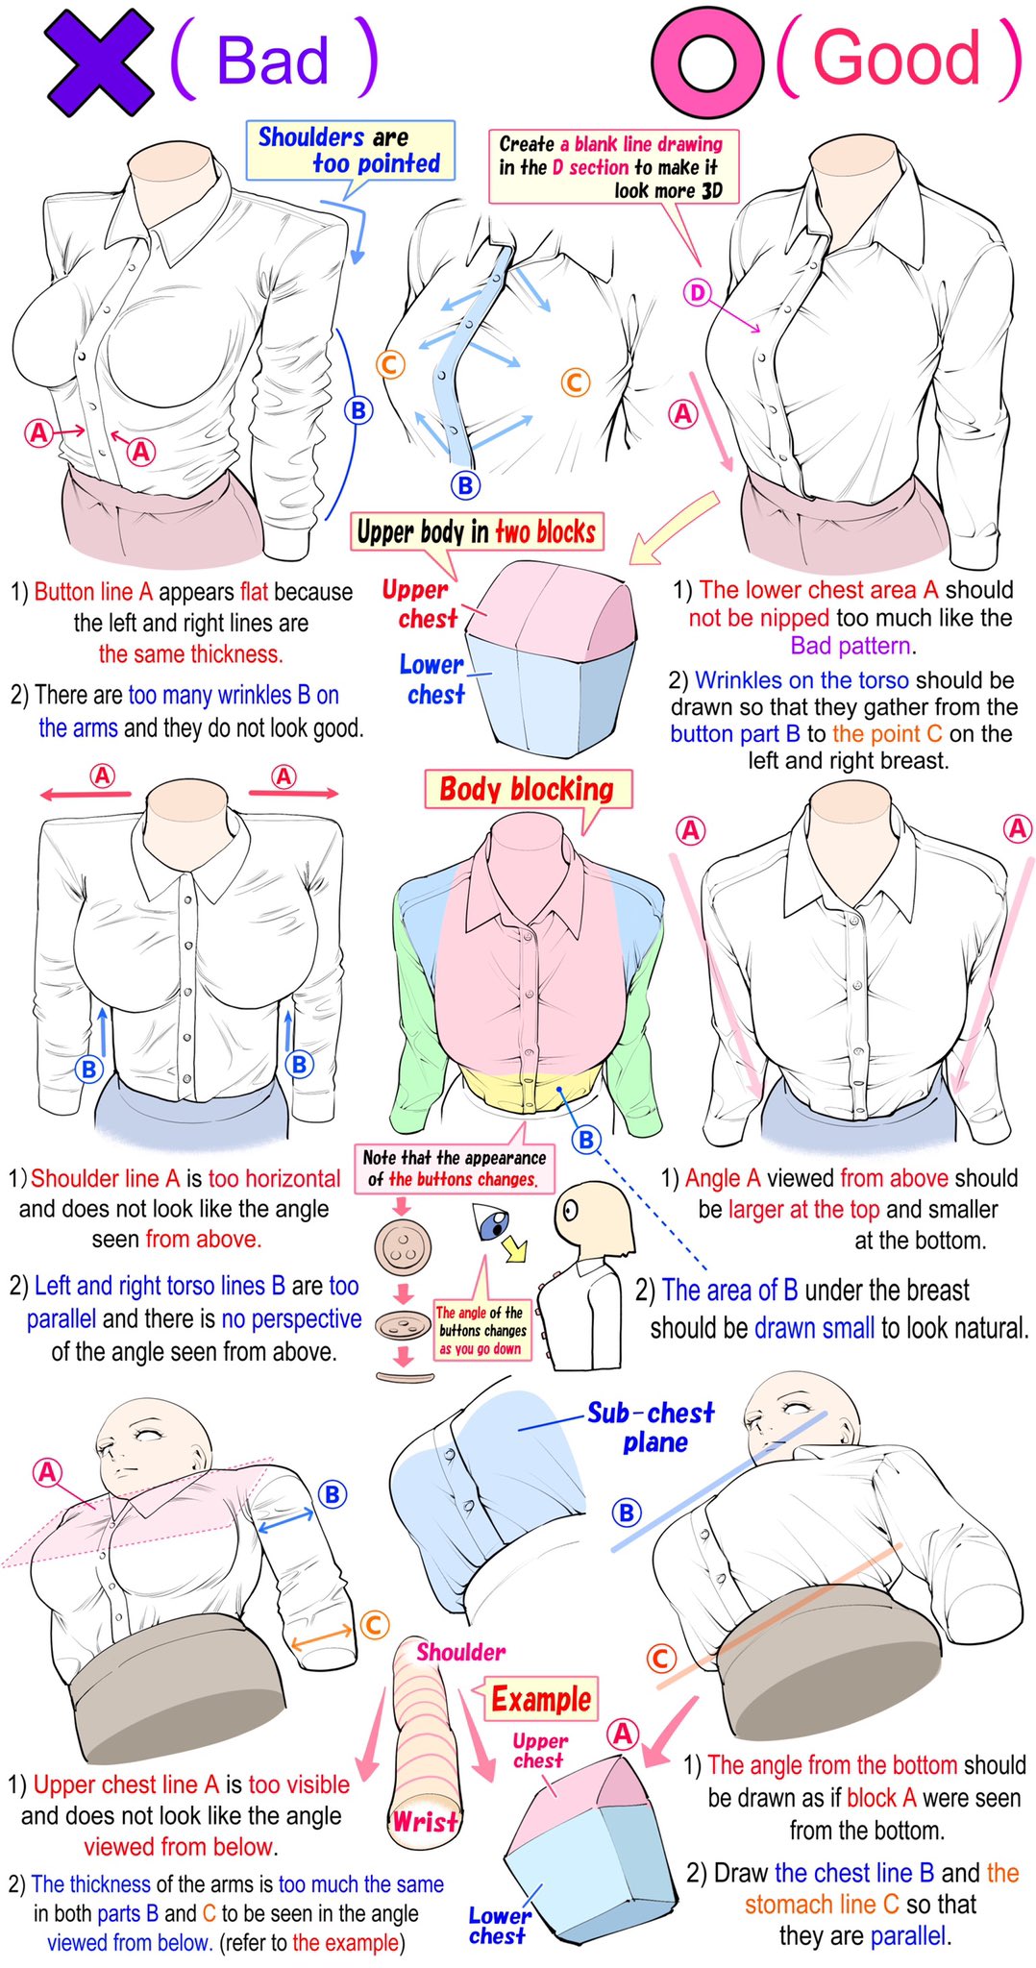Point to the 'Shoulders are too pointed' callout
[350, 150]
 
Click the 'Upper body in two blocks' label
[477, 531]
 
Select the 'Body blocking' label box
[528, 789]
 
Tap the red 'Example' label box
[541, 1698]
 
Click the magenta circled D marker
[697, 293]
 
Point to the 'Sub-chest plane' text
[652, 1427]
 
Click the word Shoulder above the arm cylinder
[460, 1651]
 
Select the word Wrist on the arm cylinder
[425, 1821]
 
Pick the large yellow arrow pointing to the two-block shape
[675, 528]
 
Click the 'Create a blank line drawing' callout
[612, 167]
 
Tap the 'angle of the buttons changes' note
[481, 1330]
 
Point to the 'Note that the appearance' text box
[456, 1168]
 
